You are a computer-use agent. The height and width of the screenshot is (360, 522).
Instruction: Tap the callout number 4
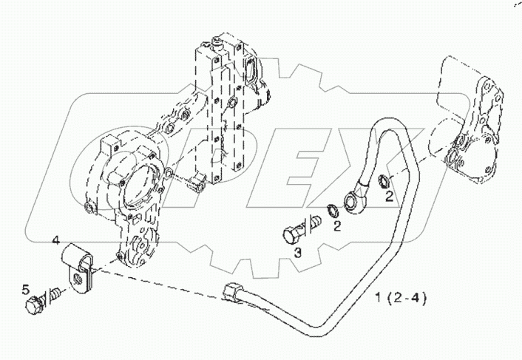click(55, 241)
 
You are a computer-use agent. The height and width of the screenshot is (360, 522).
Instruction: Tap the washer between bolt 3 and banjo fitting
click(332, 210)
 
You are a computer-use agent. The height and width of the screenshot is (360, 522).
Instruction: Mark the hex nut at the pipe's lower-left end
click(231, 293)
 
